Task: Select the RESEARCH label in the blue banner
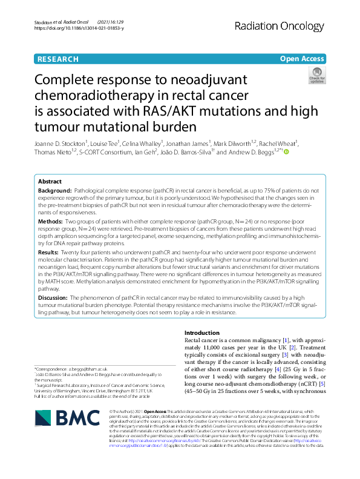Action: (x=57, y=59)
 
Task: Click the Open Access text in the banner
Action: (x=301, y=59)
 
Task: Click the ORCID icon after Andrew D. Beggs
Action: (x=286, y=152)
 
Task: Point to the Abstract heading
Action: (x=50, y=182)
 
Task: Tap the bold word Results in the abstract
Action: (x=48, y=251)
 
